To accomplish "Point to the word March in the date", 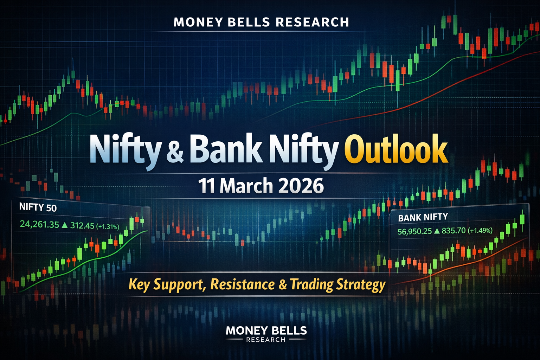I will pyautogui.click(x=246, y=186).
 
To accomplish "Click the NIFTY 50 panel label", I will pyautogui.click(x=38, y=207).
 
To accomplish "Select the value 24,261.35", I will pyautogui.click(x=39, y=224).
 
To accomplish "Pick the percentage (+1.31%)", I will pyautogui.click(x=108, y=227).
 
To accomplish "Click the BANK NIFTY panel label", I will pyautogui.click(x=423, y=217).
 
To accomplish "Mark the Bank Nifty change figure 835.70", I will pyautogui.click(x=454, y=231).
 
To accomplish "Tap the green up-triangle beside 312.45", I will pyautogui.click(x=64, y=225).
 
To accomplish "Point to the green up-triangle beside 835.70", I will pyautogui.click(x=437, y=231).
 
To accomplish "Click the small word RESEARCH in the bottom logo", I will pyautogui.click(x=266, y=340).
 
